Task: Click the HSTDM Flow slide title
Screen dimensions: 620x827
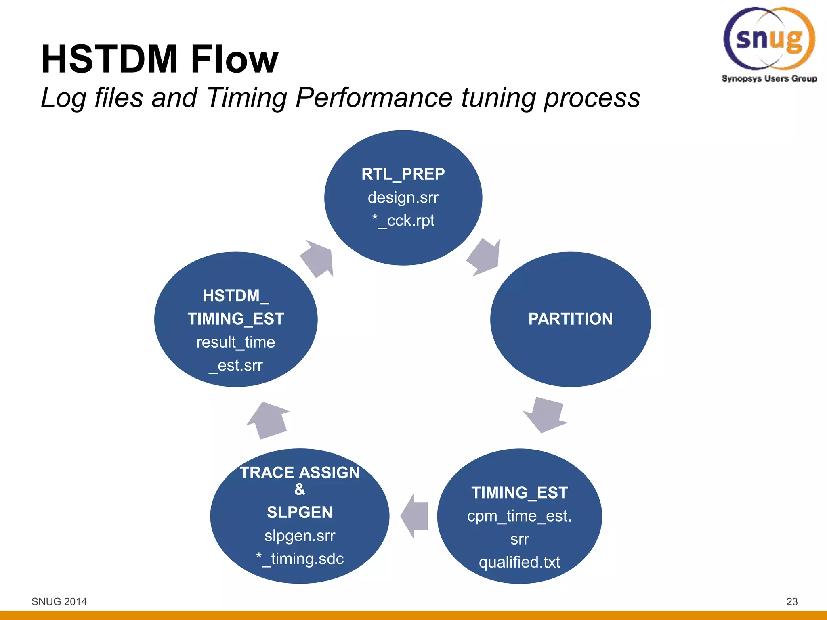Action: pos(160,59)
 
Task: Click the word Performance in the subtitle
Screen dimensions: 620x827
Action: pos(374,98)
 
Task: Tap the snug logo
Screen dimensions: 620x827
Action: pos(769,38)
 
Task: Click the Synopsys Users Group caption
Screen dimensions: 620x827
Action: pos(769,79)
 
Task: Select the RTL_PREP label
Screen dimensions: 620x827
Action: pos(403,174)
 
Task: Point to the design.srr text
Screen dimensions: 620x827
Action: pos(403,197)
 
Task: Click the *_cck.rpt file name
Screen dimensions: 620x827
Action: pos(403,221)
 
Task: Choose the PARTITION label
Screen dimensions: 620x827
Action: pos(570,319)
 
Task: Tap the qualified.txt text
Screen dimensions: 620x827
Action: pos(519,562)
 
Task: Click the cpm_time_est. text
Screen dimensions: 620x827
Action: pos(519,516)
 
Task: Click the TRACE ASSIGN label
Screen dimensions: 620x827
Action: pos(300,473)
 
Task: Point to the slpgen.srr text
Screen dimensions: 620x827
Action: pos(300,536)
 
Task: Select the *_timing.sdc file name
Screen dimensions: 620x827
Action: pos(300,559)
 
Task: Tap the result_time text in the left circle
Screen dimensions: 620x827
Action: pos(235,342)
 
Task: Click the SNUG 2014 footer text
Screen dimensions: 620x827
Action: pos(59,601)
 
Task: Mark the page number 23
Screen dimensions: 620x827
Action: pos(792,601)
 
